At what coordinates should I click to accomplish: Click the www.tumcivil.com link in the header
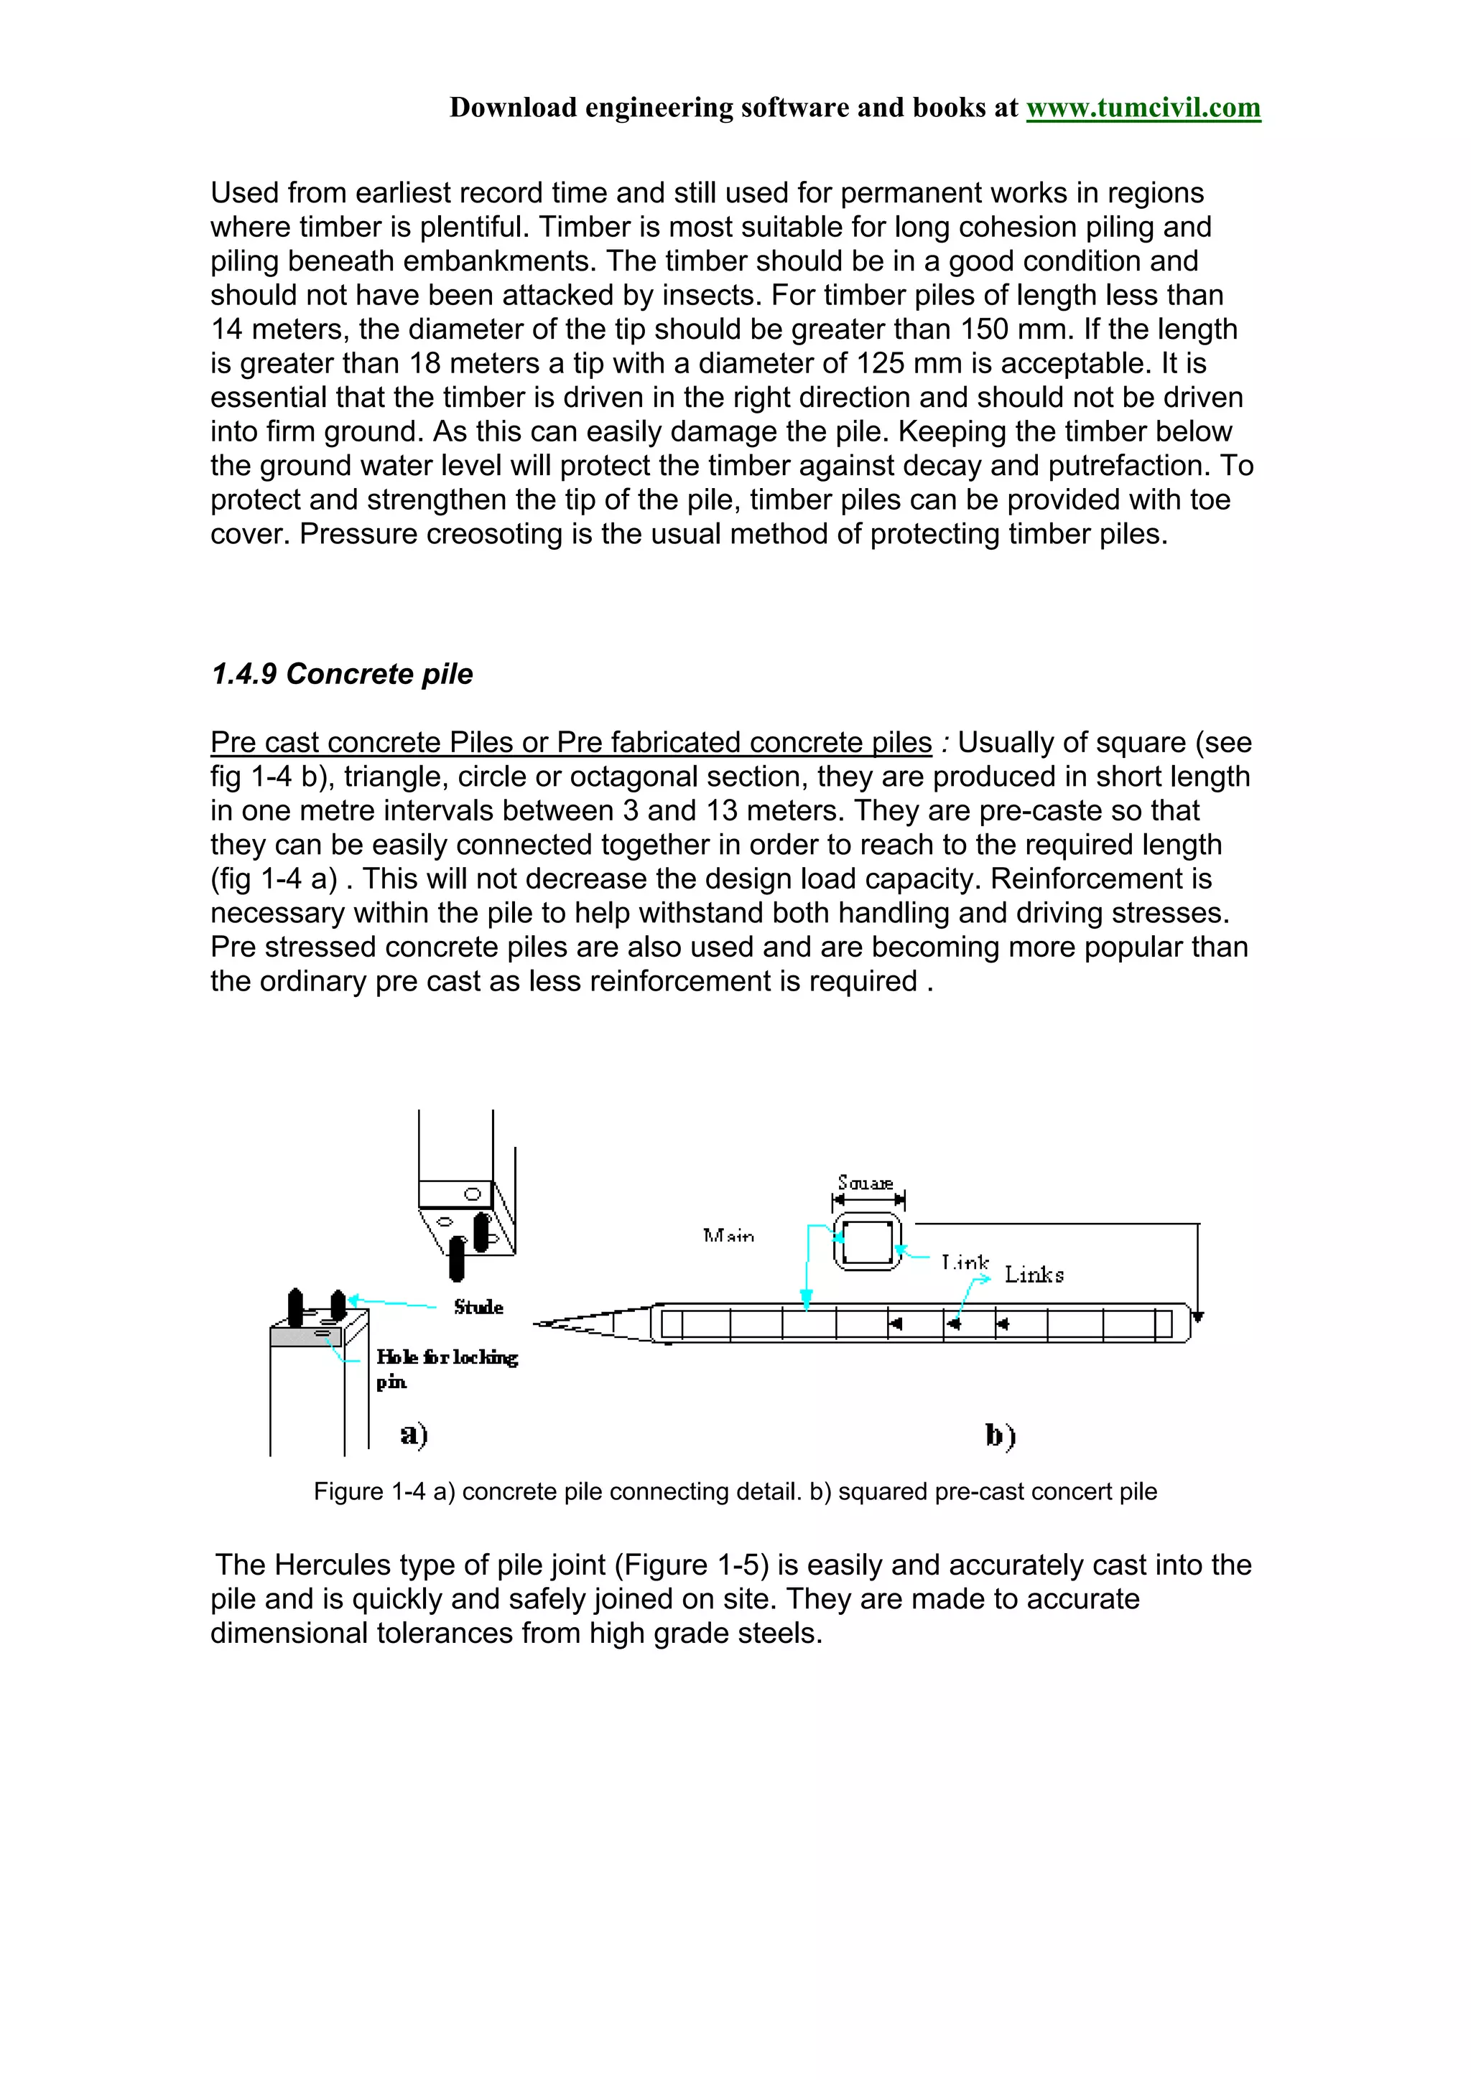1142,108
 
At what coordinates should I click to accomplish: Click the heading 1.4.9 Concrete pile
342,674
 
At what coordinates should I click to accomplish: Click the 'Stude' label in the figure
478,1306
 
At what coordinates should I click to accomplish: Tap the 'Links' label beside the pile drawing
1034,1275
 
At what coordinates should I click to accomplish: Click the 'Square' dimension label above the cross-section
866,1183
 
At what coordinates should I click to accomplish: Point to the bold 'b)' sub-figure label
1000,1436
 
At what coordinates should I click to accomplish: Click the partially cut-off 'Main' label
728,1236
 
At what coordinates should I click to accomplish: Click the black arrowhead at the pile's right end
1198,1317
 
